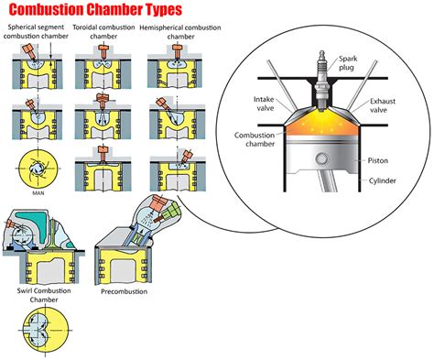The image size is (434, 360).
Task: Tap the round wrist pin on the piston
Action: click(x=322, y=159)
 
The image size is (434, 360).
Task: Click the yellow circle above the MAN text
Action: click(x=34, y=169)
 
